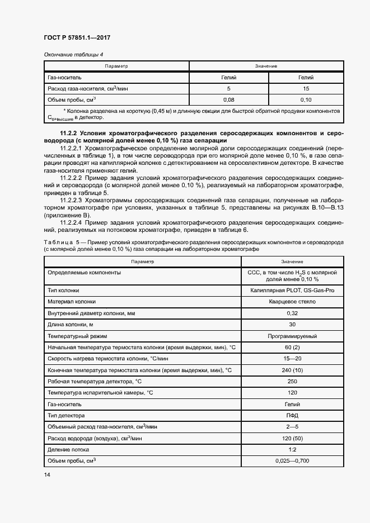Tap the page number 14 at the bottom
pos(46,474)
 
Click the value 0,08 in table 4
pos(228,99)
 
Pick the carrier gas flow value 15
pos(306,88)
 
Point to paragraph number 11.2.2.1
pos(72,149)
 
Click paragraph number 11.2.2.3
pos(72,200)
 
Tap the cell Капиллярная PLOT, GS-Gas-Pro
pos(292,291)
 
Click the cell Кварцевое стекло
pos(292,302)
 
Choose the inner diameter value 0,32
pos(292,313)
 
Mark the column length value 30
pos(292,325)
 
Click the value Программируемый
pos(292,336)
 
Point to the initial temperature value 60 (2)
pos(292,348)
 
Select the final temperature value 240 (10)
pos(292,370)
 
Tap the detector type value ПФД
pos(292,416)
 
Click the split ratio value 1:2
pos(292,449)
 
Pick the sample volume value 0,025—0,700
pos(292,460)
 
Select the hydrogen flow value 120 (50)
pos(292,438)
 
